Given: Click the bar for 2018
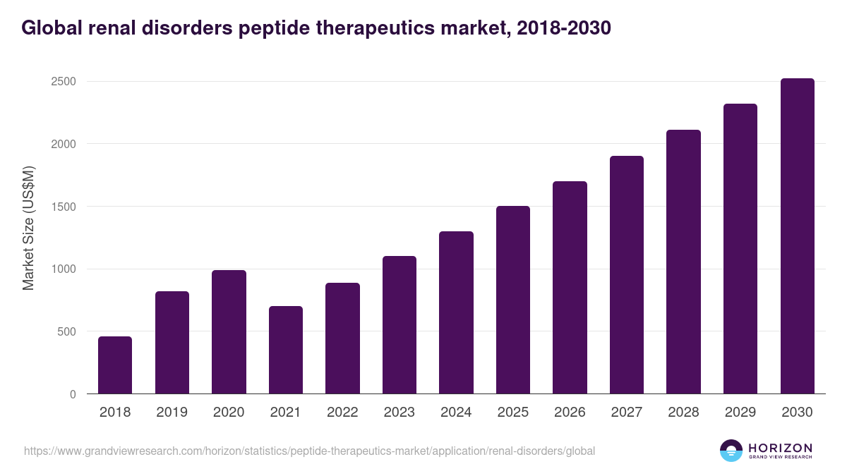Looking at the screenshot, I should [115, 365].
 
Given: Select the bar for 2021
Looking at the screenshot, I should [285, 350].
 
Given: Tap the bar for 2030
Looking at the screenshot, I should [797, 236].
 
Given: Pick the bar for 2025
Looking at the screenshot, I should [512, 300].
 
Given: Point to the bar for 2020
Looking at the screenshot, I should [229, 332].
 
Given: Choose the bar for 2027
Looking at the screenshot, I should [627, 275].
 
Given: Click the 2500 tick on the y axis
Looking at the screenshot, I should [63, 82].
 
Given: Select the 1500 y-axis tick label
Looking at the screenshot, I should [63, 207].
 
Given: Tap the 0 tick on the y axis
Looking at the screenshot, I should [73, 394].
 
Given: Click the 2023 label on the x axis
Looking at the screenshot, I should [399, 413].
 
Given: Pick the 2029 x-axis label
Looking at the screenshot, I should [740, 413].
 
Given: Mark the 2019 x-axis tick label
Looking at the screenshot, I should [172, 413].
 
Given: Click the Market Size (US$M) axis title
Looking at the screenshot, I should [29, 228].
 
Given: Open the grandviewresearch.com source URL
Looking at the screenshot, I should [309, 451].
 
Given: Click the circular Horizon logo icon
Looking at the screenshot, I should [731, 451].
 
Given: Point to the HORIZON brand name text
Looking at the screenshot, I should [781, 448].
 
